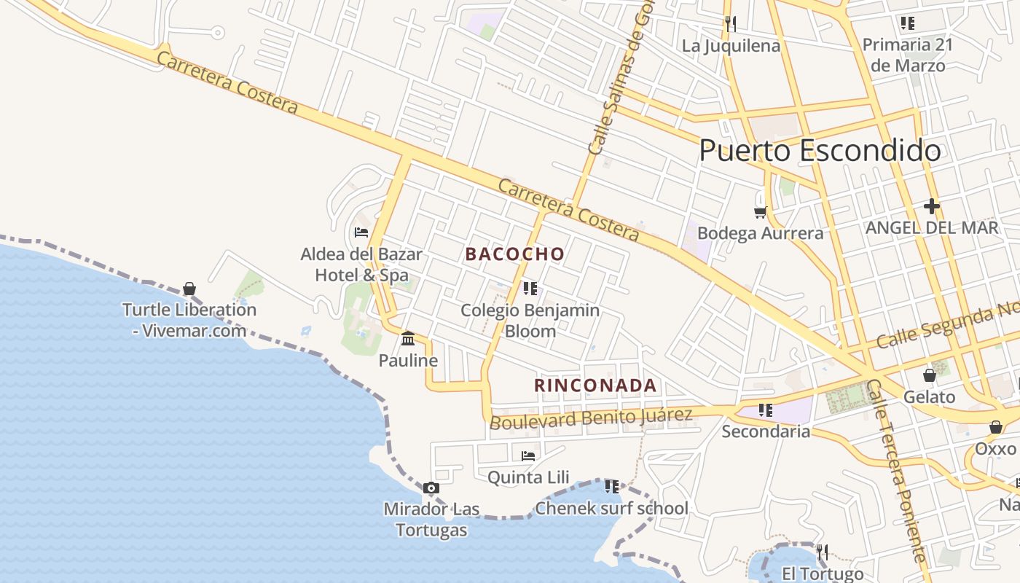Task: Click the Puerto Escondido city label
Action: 820,151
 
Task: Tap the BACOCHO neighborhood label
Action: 515,254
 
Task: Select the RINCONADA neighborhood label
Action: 595,385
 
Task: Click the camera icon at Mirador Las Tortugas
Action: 431,488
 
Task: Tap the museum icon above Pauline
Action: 408,339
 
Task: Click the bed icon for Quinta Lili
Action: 528,456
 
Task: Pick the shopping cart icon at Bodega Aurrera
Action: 760,212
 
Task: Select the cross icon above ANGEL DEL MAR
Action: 931,206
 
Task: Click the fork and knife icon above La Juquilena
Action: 731,24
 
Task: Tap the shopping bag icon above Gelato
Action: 929,376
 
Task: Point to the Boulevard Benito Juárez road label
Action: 591,418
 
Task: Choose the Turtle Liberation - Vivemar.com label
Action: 189,320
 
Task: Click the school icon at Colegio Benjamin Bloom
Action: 530,289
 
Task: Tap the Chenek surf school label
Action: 611,508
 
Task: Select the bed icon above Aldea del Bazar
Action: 361,232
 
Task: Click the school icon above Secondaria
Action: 765,410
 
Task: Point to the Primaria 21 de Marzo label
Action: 907,55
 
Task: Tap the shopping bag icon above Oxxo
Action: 995,427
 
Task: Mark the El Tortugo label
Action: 823,574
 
